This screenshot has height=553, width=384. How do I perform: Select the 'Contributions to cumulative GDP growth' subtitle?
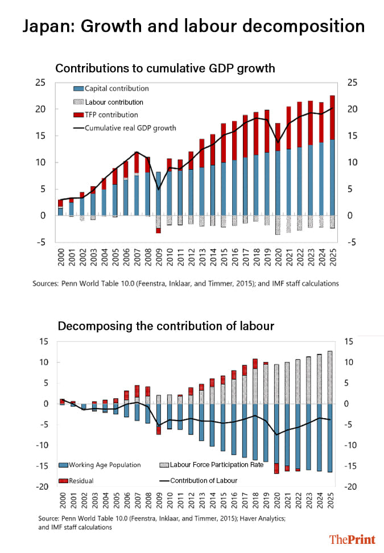point(165,68)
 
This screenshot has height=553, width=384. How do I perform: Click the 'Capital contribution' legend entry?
point(117,88)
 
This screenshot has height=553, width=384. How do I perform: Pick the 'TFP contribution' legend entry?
point(112,115)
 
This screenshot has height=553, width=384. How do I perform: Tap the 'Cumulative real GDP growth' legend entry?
point(130,128)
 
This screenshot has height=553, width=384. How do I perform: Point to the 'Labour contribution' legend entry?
point(114,102)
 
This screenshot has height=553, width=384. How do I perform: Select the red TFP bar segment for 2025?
point(332,117)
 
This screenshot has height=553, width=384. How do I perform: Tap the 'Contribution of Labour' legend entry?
point(203,480)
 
